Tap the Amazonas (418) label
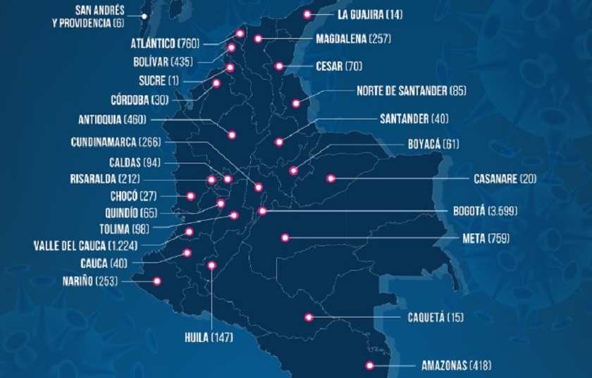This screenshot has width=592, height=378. (x=456, y=365)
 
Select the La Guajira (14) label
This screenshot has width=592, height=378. (x=370, y=14)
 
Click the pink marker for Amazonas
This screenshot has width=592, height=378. (x=369, y=365)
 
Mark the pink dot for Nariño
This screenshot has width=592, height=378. (x=157, y=281)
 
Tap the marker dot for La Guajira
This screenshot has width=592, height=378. (x=307, y=14)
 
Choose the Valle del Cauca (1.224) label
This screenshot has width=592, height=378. (x=85, y=245)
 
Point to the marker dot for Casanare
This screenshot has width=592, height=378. (x=329, y=178)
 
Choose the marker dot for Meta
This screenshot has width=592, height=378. (x=285, y=238)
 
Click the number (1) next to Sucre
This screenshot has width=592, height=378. (x=174, y=80)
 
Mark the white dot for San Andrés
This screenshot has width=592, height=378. (x=144, y=16)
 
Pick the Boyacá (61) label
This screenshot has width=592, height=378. (x=433, y=144)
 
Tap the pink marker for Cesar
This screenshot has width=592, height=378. (x=279, y=66)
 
